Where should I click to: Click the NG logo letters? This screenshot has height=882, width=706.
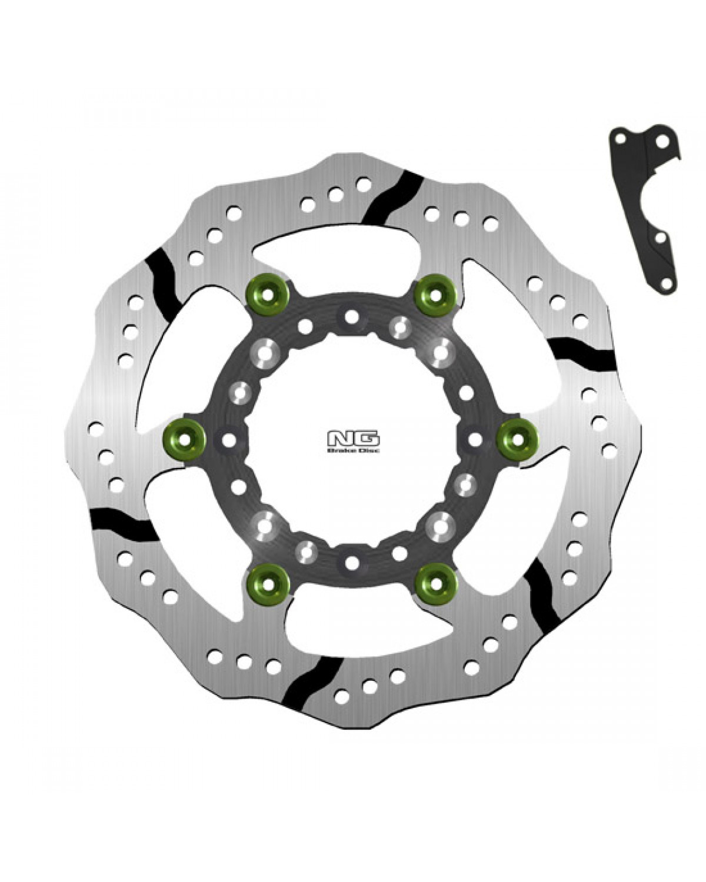pyautogui.click(x=353, y=439)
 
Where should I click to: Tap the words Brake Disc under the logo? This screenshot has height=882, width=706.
pyautogui.click(x=353, y=450)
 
